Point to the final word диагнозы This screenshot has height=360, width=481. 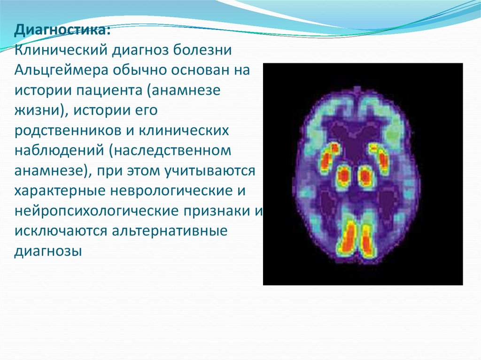(x=45, y=251)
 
